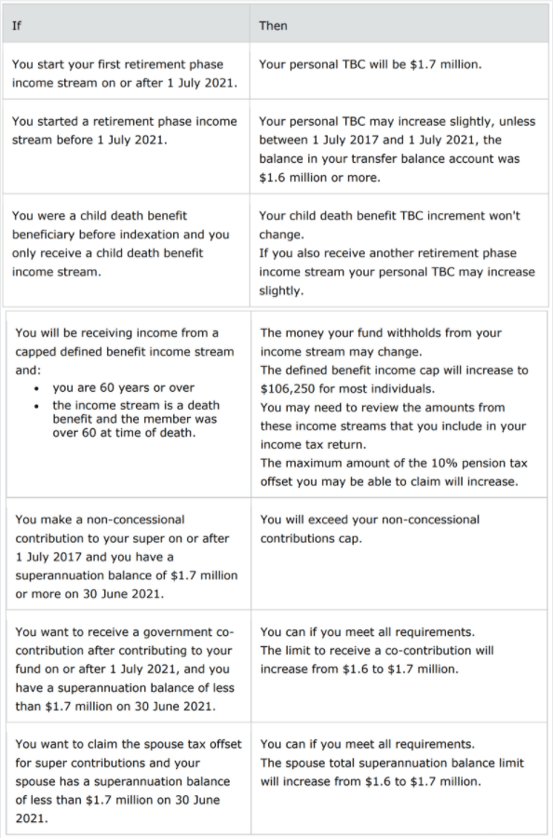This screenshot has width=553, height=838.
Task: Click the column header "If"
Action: (x=17, y=25)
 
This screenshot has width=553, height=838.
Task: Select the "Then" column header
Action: (x=273, y=25)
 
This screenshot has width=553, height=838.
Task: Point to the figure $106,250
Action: (x=291, y=388)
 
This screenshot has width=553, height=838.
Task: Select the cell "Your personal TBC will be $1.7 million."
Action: (x=371, y=65)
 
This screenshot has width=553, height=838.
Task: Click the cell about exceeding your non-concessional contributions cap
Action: (x=370, y=528)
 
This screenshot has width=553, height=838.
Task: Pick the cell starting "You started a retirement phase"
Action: (x=125, y=130)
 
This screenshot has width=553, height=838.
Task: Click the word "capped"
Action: (x=37, y=351)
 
